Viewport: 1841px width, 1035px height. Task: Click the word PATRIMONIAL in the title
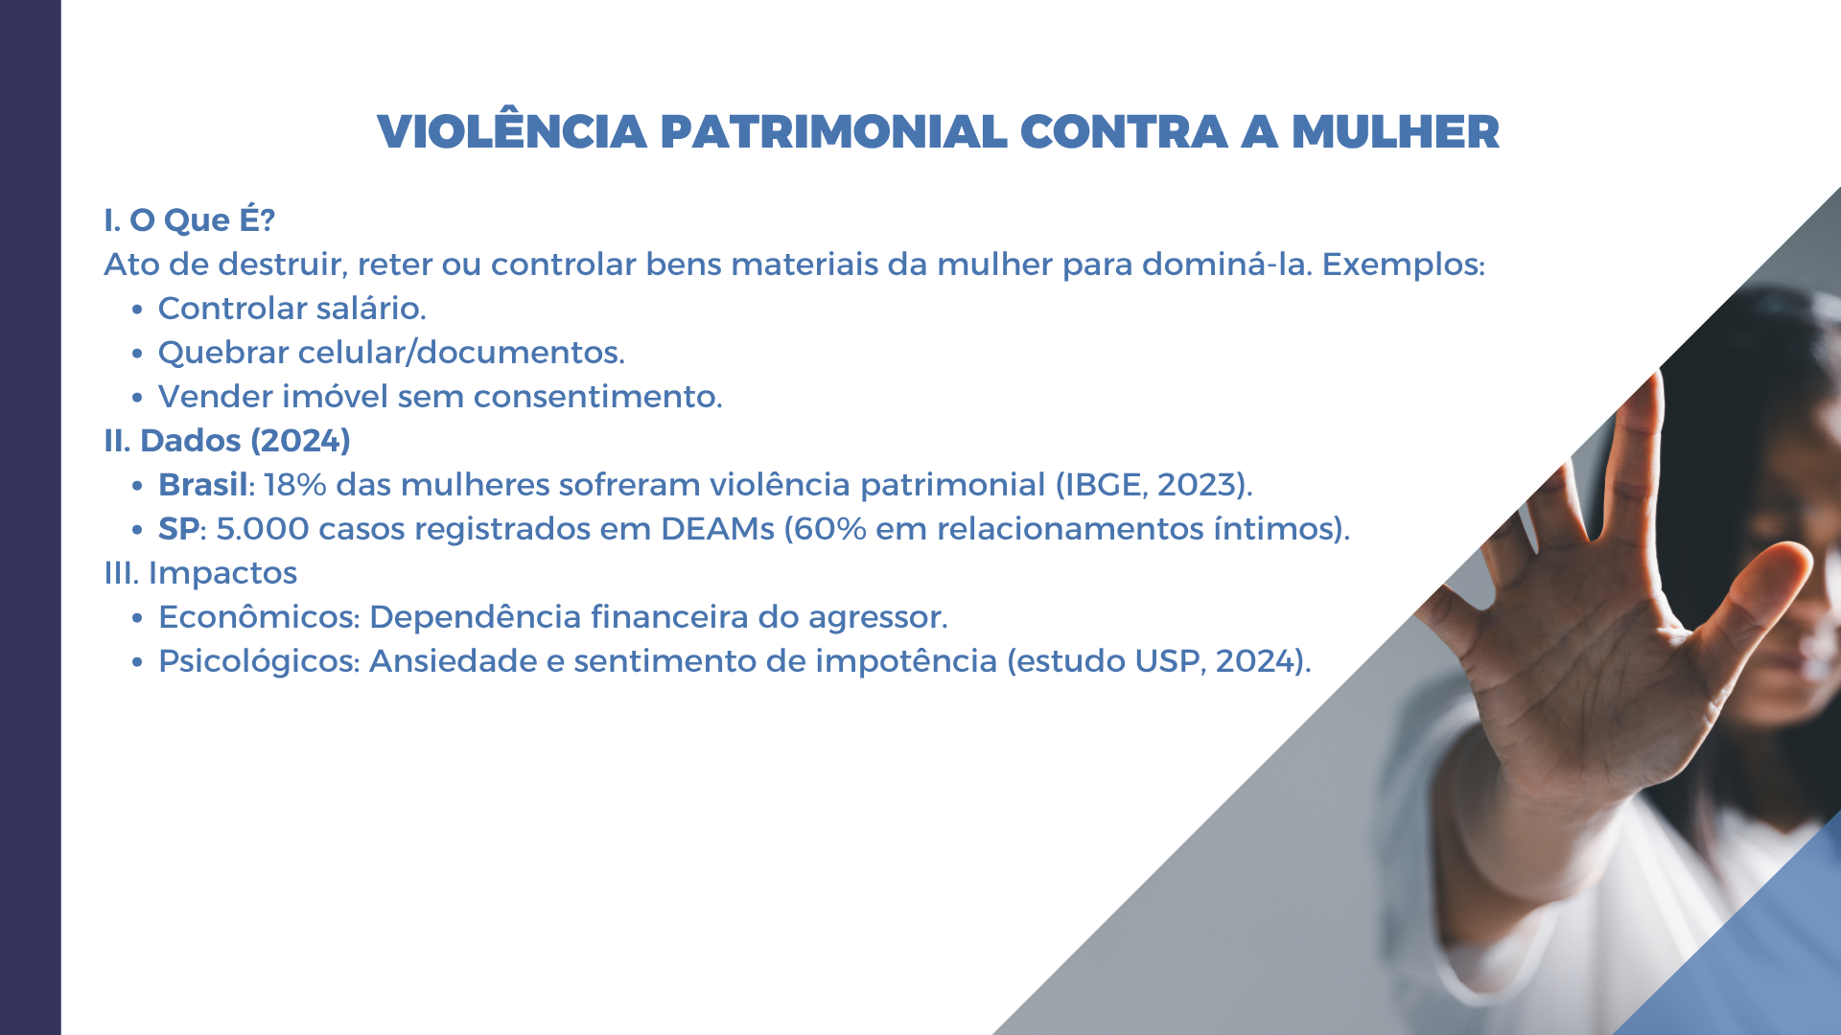click(x=833, y=132)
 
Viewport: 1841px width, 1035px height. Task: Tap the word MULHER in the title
click(x=1395, y=132)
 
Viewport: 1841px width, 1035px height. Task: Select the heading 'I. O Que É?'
click(x=190, y=219)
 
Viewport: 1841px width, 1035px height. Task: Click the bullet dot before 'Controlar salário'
click(x=138, y=310)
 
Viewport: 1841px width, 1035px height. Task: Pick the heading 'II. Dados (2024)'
click(x=227, y=441)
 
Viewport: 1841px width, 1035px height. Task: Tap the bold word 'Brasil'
click(x=203, y=485)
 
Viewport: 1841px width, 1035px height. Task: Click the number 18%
click(x=295, y=485)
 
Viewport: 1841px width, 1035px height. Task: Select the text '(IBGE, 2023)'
click(x=1154, y=485)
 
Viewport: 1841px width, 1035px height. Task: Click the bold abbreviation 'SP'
click(x=179, y=529)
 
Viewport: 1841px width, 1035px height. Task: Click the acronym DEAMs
click(x=717, y=529)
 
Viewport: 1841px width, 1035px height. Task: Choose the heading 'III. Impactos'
click(x=200, y=573)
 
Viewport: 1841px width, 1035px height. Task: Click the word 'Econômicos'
click(x=259, y=617)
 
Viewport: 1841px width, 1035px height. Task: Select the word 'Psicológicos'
click(x=259, y=661)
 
